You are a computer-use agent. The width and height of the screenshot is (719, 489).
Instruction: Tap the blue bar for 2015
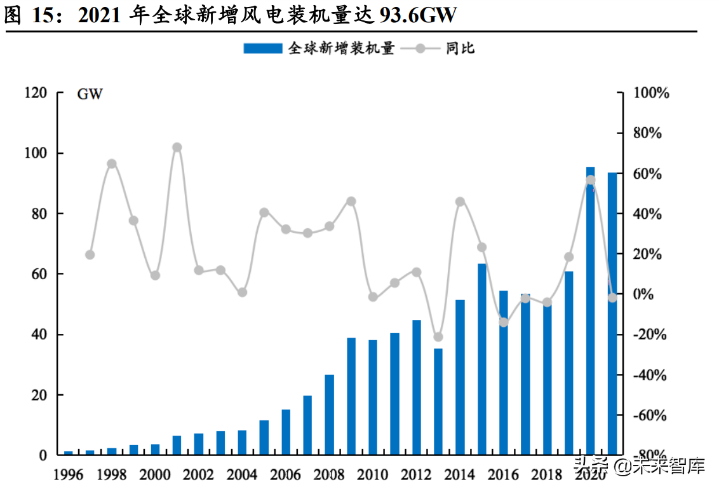[481, 359]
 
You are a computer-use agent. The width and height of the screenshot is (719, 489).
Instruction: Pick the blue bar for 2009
[351, 396]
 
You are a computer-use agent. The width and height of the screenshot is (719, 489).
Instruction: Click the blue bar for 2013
[438, 401]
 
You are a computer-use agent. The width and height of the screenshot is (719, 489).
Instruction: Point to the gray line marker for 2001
[177, 148]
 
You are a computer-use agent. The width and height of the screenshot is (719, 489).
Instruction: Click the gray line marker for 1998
[112, 163]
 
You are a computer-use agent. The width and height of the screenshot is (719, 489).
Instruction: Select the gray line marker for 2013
[438, 337]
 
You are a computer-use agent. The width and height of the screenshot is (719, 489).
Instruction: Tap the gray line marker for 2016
[504, 322]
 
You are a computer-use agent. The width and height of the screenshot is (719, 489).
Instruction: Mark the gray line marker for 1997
[90, 255]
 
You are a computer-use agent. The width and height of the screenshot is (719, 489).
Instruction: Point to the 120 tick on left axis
[36, 93]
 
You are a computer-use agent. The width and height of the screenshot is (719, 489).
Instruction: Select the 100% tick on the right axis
[652, 93]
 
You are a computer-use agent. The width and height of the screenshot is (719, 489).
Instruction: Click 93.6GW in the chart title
[417, 15]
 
